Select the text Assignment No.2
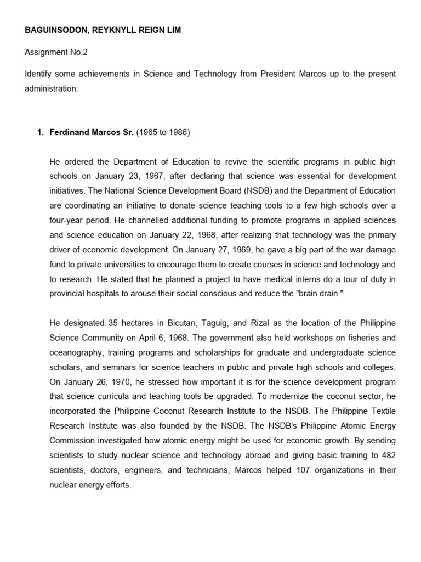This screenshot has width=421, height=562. coord(55,52)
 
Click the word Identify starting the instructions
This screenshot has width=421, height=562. coord(39,74)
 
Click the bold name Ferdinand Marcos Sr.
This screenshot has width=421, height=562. coord(91,132)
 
